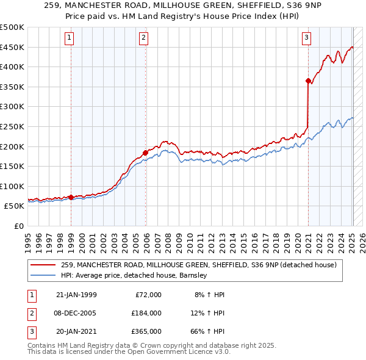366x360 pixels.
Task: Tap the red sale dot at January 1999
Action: point(71,197)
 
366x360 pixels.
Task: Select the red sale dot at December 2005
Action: point(145,153)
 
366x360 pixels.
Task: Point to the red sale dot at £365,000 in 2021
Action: point(308,81)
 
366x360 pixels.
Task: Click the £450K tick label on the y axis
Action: point(12,47)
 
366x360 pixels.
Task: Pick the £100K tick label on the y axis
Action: point(12,186)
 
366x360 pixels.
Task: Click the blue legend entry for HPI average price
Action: point(134,275)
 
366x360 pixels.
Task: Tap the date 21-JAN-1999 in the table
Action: point(76,295)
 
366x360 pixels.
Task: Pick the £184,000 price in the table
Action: point(146,313)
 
